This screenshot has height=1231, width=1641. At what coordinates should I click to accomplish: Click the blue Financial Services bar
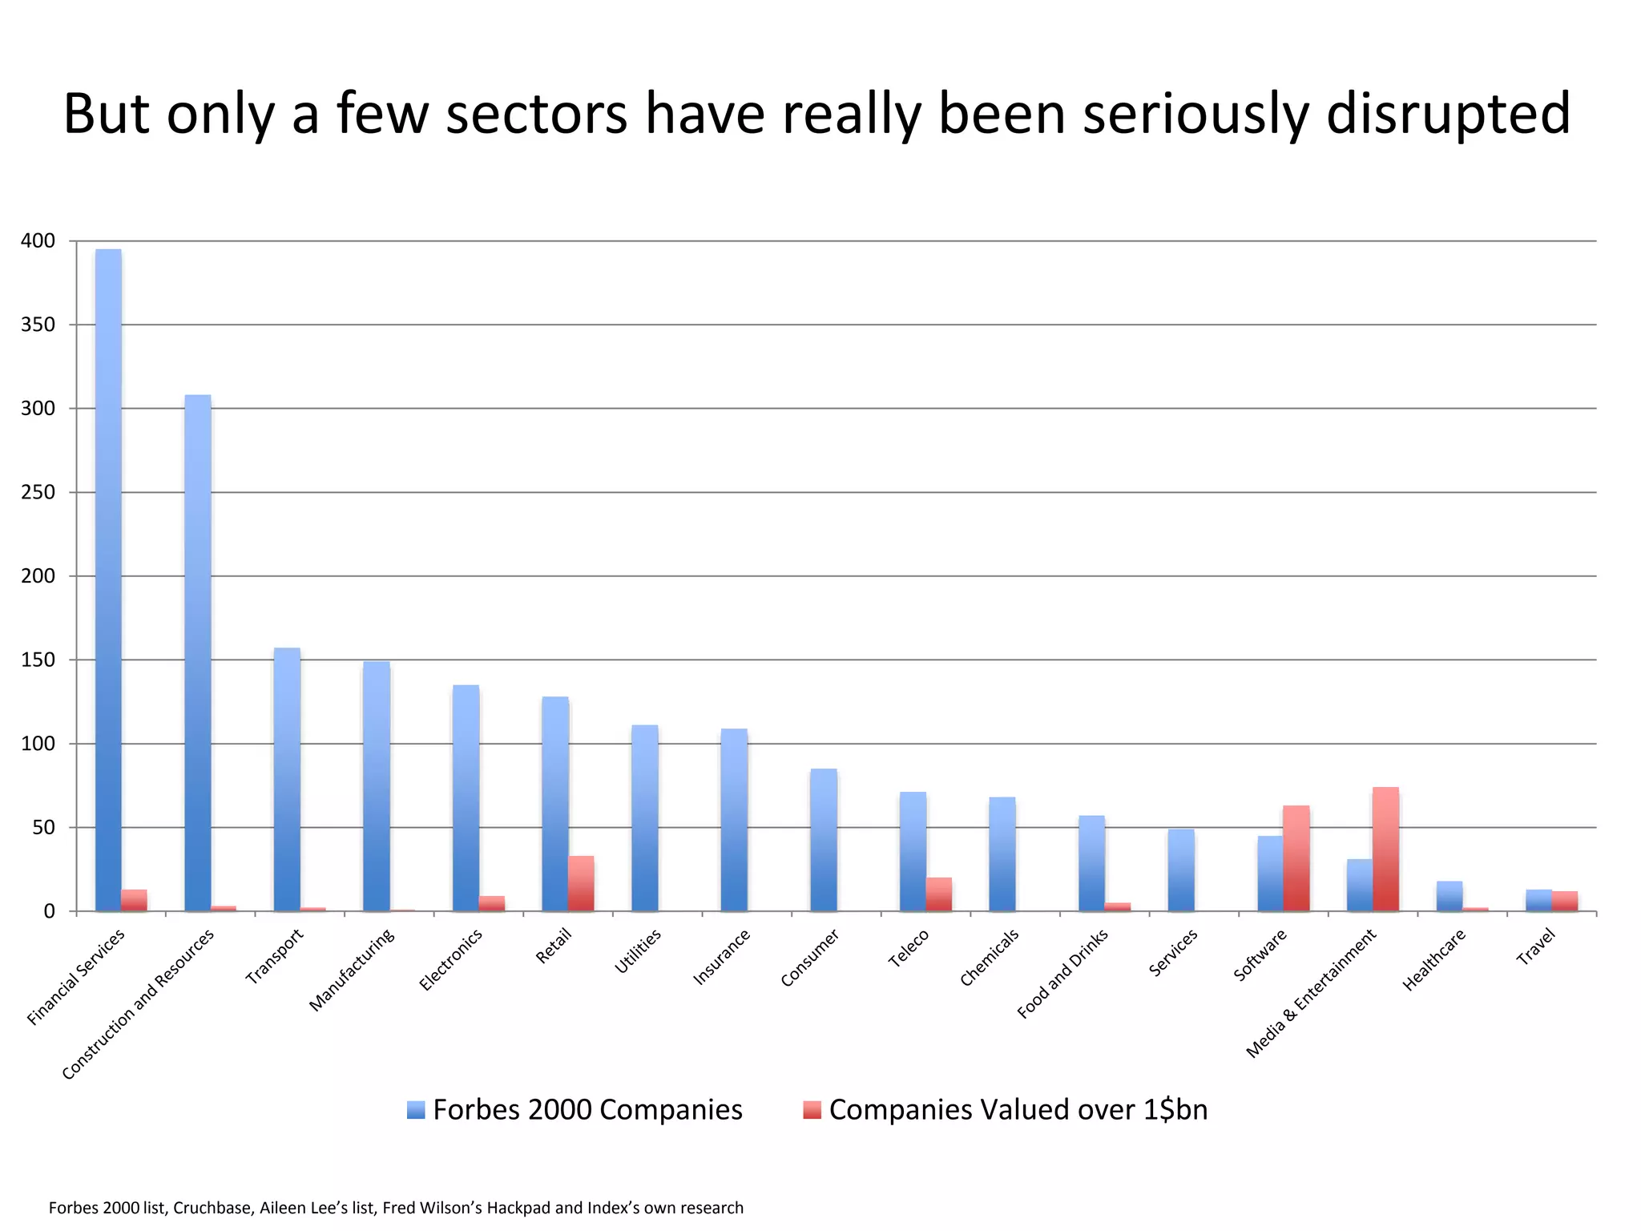pyautogui.click(x=108, y=580)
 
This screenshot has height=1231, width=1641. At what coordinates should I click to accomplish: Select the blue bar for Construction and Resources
pyautogui.click(x=198, y=653)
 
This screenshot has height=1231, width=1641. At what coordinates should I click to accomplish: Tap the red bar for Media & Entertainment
pyautogui.click(x=1385, y=850)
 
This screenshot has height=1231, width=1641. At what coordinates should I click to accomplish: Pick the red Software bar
pyautogui.click(x=1296, y=858)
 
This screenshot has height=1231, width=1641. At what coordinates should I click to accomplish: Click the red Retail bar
pyautogui.click(x=581, y=884)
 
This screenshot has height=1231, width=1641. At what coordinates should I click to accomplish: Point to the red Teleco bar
pyautogui.click(x=938, y=894)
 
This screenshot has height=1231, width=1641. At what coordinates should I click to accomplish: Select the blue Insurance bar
pyautogui.click(x=734, y=820)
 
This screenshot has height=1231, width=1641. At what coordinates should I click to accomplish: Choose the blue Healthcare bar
pyautogui.click(x=1449, y=897)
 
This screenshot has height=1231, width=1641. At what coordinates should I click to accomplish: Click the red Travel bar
pyautogui.click(x=1564, y=902)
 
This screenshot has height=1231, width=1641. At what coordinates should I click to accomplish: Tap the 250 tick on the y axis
pyautogui.click(x=38, y=493)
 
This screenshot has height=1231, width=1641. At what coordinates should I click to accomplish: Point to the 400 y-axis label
pyautogui.click(x=38, y=241)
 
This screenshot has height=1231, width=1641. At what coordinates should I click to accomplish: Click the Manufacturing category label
pyautogui.click(x=353, y=970)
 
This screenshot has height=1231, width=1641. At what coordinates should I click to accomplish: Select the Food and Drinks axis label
pyautogui.click(x=1062, y=973)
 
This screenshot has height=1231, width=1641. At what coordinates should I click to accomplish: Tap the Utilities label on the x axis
pyautogui.click(x=638, y=951)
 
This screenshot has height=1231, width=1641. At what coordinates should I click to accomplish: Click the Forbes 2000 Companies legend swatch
pyautogui.click(x=416, y=1110)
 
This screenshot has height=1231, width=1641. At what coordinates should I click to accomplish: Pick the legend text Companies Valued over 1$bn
pyautogui.click(x=1018, y=1110)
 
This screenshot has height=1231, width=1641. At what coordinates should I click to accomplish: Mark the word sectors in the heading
pyautogui.click(x=536, y=114)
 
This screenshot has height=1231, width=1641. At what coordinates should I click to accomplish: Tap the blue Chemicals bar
pyautogui.click(x=1002, y=854)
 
